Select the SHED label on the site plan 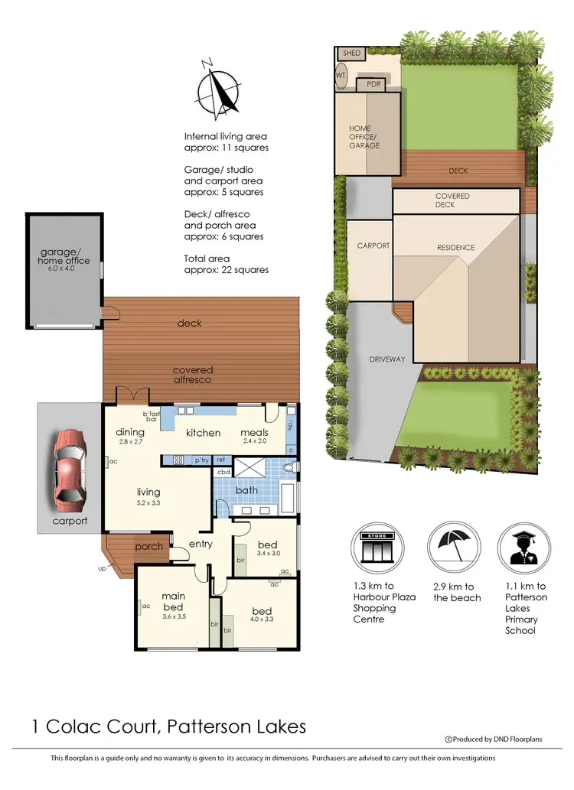(x=351, y=54)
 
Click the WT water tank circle (x=341, y=76)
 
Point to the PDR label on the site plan (x=374, y=84)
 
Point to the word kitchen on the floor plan (x=204, y=433)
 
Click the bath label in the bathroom (x=246, y=490)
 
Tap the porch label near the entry (x=148, y=547)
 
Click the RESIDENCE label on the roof (x=456, y=248)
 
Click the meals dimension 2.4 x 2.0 (x=254, y=442)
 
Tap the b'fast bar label (x=149, y=416)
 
